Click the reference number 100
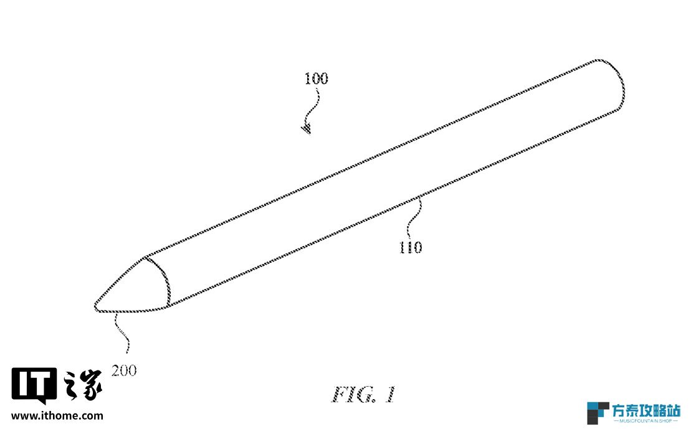(316, 78)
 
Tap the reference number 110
(411, 247)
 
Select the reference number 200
(124, 370)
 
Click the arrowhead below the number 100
(307, 129)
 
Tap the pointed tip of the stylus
(95, 306)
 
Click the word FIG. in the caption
(354, 394)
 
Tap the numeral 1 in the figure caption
(389, 394)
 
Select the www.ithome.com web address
(57, 416)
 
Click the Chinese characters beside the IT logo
(83, 385)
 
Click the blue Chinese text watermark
(646, 410)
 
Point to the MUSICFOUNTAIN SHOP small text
(646, 420)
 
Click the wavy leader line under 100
(313, 106)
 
